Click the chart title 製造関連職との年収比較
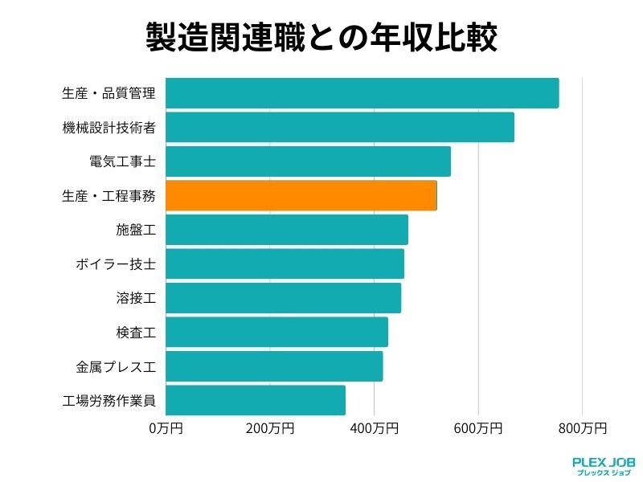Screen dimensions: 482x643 click(321, 37)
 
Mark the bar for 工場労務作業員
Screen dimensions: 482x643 click(256, 400)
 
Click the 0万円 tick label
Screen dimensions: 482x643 click(166, 428)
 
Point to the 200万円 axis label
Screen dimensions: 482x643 click(270, 428)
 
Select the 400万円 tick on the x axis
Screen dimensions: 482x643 click(374, 428)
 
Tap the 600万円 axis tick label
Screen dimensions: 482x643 click(478, 428)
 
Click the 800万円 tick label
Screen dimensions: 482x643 click(582, 428)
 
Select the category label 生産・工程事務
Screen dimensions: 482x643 click(109, 195)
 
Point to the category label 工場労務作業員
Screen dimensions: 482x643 click(109, 400)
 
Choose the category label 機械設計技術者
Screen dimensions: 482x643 click(109, 127)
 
